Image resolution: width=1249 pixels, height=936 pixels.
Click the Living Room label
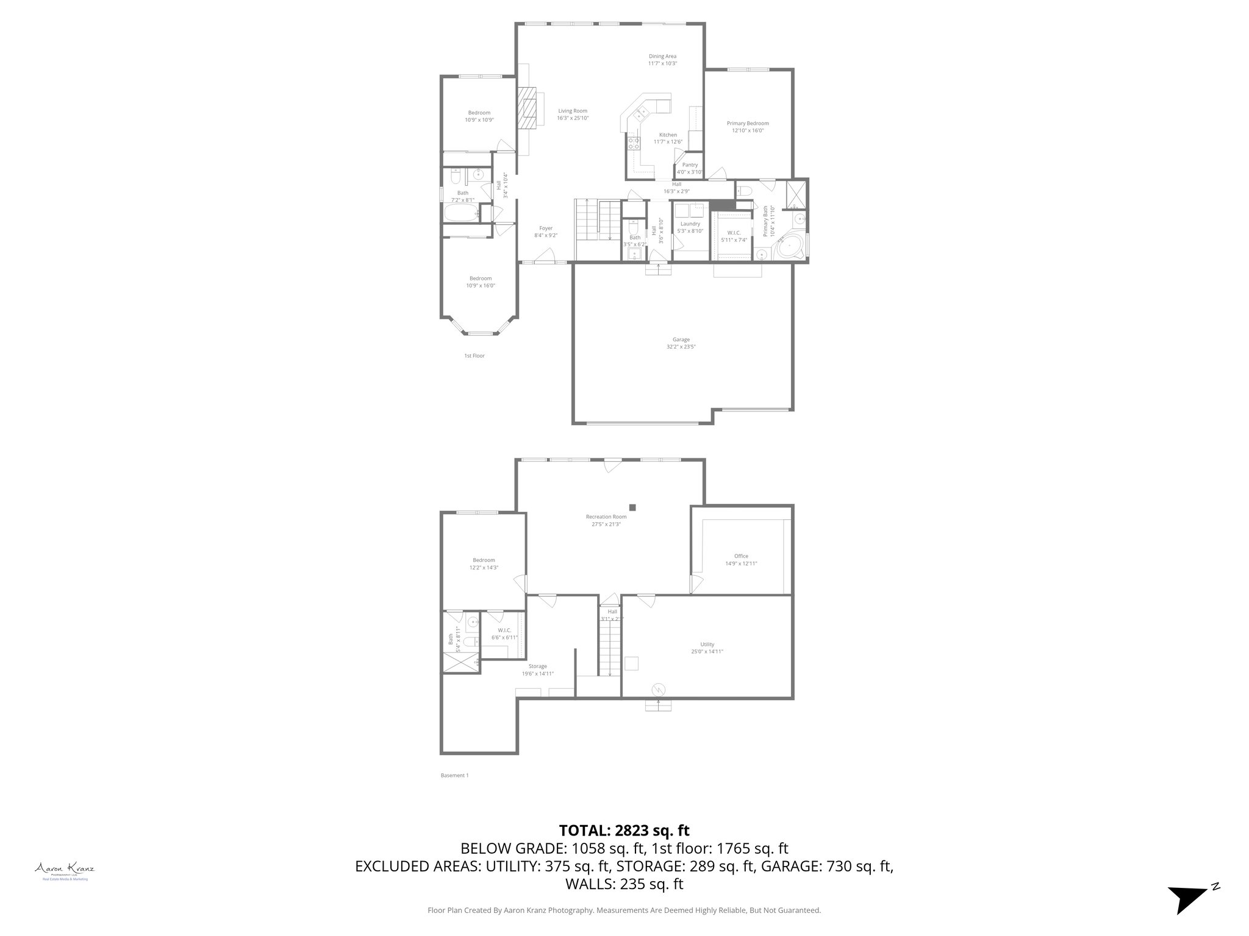pos(573,111)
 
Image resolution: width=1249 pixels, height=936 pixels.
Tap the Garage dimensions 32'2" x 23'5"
pos(681,347)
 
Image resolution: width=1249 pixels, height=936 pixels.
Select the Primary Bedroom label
pos(748,123)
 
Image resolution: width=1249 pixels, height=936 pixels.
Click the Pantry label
pos(690,165)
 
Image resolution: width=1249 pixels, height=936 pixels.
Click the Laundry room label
pos(690,224)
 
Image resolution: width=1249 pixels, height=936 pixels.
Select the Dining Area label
pos(662,56)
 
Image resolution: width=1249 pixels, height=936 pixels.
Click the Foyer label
pos(545,229)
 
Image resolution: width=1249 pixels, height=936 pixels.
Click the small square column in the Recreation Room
pos(633,507)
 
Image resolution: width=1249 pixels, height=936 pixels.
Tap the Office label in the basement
pos(741,556)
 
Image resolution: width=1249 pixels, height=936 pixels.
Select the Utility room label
pos(707,644)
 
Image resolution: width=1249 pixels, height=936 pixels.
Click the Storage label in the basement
pos(537,666)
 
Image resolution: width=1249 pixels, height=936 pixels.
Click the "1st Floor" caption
pos(474,355)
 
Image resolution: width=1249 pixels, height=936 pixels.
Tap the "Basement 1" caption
pos(454,776)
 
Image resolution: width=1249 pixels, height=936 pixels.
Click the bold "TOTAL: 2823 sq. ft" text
pos(624,830)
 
